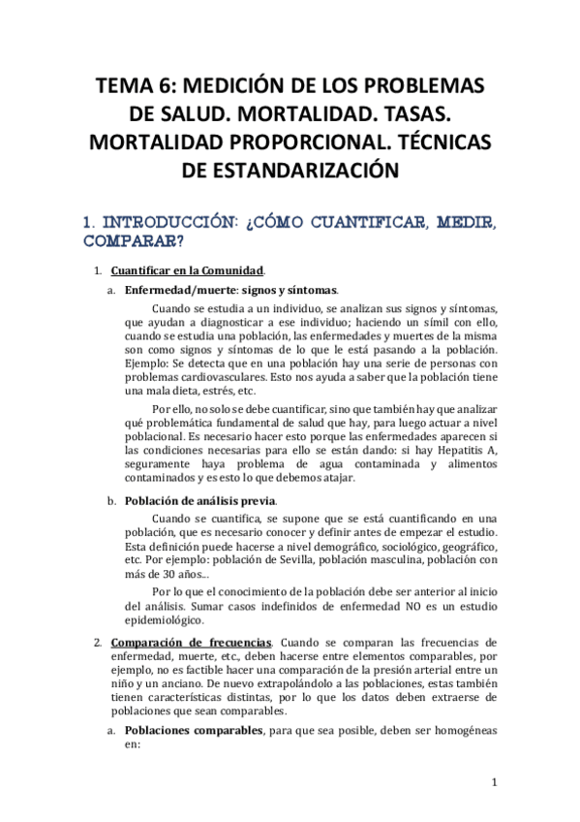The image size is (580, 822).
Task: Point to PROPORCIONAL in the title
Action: coord(302,142)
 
